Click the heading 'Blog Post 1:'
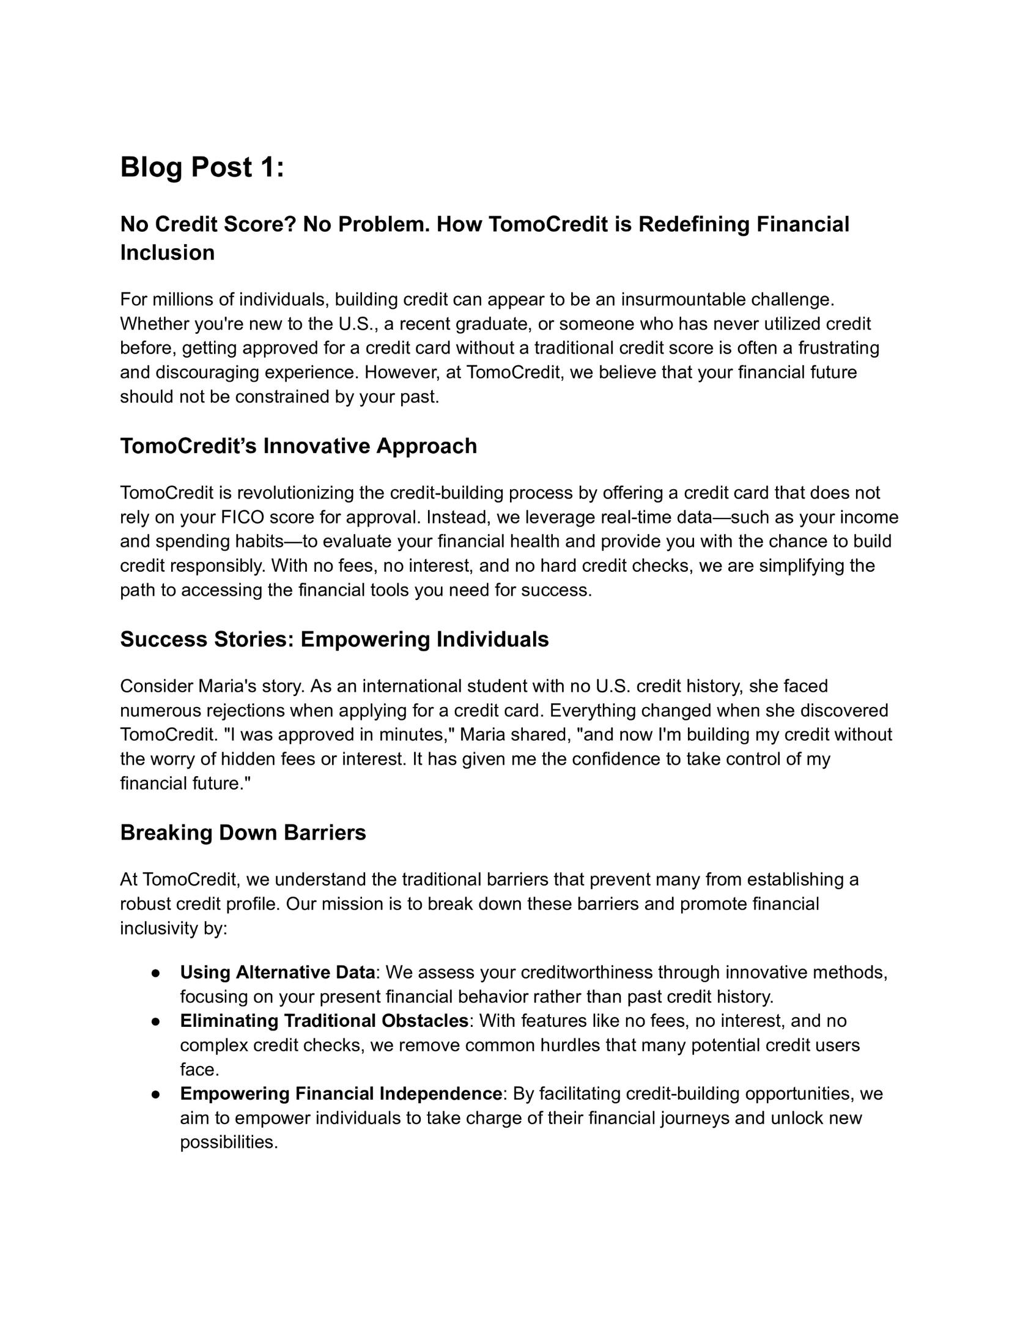[x=202, y=168]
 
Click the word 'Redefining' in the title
[x=694, y=224]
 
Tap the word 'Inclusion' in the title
[x=167, y=253]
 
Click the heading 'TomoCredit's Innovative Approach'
[x=298, y=446]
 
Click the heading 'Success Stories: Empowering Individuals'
[x=334, y=639]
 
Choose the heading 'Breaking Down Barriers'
[x=243, y=832]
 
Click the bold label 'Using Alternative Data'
[x=277, y=972]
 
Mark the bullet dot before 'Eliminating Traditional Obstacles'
[x=157, y=1021]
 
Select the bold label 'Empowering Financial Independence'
[x=341, y=1093]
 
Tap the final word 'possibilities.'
[x=229, y=1142]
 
